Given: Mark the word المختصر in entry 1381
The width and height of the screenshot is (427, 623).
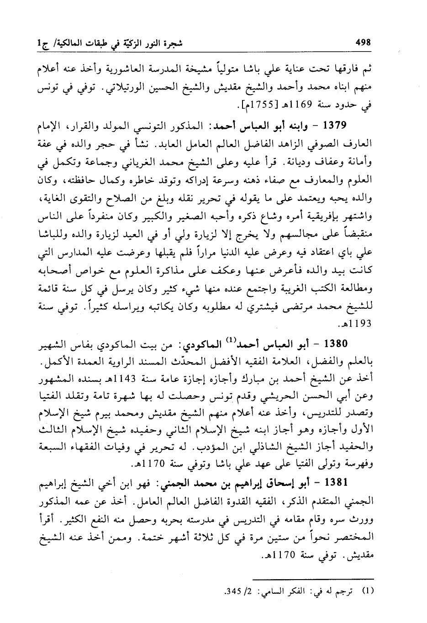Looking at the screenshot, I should tap(354, 535).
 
